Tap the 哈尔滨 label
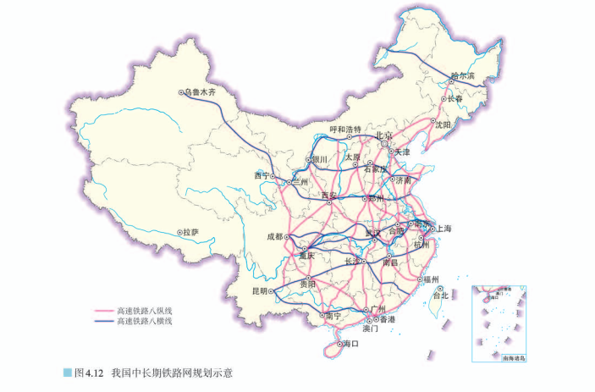[x=462, y=77]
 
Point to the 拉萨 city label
[x=191, y=231]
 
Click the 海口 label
[x=350, y=345]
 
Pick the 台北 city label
[x=440, y=296]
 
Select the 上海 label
[x=443, y=229]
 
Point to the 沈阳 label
[x=443, y=124]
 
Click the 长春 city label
[x=455, y=99]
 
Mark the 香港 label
[x=387, y=319]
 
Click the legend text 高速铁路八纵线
[x=145, y=311]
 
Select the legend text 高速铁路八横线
[x=145, y=322]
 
